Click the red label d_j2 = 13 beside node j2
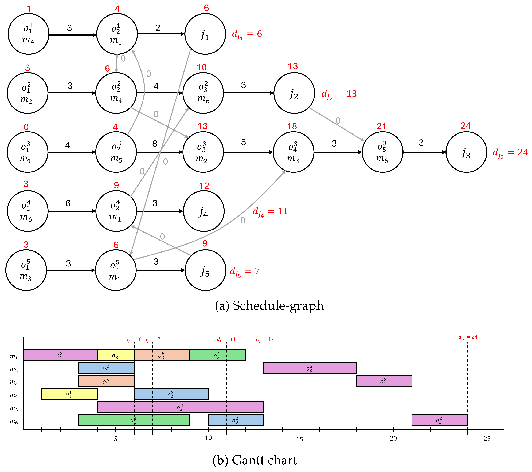click(339, 94)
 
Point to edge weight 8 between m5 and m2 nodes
click(155, 143)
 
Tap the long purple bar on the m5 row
click(181, 407)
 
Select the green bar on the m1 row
click(218, 355)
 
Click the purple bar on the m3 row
click(384, 381)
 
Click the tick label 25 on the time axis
click(487, 439)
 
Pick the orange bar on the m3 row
click(106, 381)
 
